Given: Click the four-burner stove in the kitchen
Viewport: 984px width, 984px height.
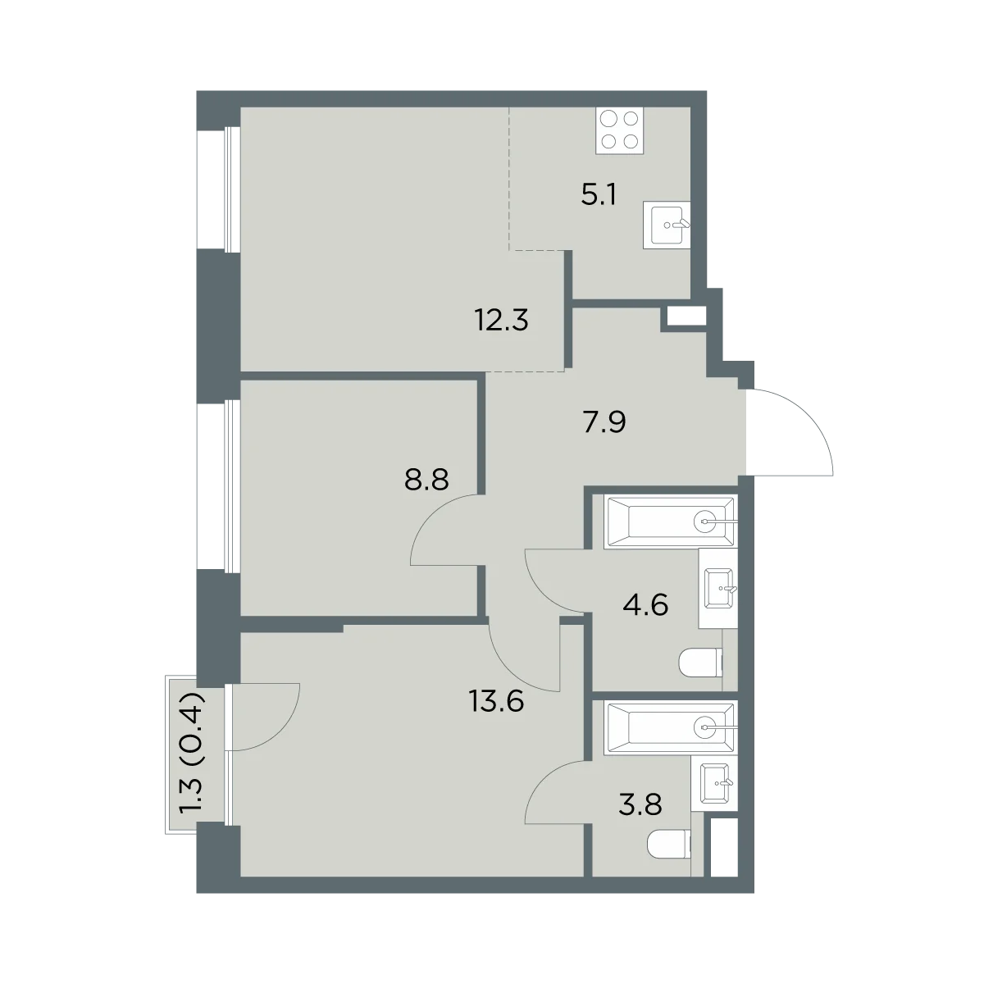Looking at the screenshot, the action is (x=619, y=130).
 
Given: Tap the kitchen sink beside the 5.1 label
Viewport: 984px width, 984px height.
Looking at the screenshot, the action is (x=667, y=225).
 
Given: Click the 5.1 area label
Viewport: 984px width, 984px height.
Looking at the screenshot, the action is (x=599, y=194).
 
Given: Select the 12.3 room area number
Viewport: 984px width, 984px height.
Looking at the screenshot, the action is (x=502, y=320).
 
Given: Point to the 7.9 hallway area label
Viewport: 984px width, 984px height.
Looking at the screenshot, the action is (x=604, y=421).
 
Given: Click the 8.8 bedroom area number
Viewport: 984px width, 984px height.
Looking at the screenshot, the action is (x=426, y=480).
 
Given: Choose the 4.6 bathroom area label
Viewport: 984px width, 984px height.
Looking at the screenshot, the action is (x=645, y=605).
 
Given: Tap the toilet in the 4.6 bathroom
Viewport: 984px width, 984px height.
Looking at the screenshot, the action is (x=700, y=663).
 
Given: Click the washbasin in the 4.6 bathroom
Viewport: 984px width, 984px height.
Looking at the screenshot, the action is (x=718, y=588).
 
